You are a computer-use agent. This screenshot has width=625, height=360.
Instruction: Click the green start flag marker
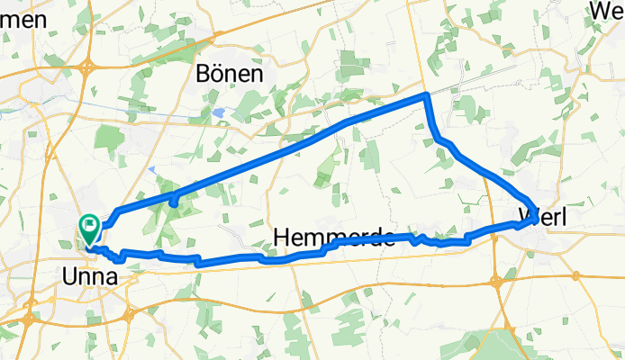click(x=90, y=226)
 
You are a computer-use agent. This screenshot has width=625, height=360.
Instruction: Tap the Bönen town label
click(x=230, y=75)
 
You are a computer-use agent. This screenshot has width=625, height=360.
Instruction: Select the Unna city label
click(x=89, y=279)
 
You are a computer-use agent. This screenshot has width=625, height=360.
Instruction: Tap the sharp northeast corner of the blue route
click(x=425, y=94)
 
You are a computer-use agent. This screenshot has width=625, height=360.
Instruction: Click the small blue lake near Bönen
click(x=219, y=114)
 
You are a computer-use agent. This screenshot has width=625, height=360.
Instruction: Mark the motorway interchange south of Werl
click(x=496, y=282)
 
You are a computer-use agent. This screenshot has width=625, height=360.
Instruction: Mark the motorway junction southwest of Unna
click(x=32, y=317)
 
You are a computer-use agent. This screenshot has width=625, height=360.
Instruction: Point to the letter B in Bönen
click(x=204, y=75)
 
